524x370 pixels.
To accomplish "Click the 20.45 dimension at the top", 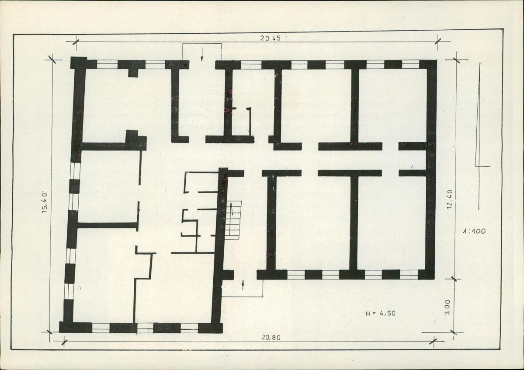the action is pyautogui.click(x=271, y=38).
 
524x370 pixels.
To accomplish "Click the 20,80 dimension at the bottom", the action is pyautogui.click(x=271, y=338).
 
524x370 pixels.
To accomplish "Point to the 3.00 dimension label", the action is pyautogui.click(x=448, y=307).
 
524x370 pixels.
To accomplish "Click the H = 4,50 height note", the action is pyautogui.click(x=381, y=314).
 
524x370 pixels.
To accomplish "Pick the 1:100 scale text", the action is pyautogui.click(x=474, y=231).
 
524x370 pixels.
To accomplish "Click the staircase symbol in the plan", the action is pyautogui.click(x=233, y=220).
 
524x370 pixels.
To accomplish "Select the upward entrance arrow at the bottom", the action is pyautogui.click(x=243, y=285).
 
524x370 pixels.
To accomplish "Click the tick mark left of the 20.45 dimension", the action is pyautogui.click(x=76, y=42).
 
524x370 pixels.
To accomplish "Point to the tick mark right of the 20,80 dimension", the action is pyautogui.click(x=433, y=342).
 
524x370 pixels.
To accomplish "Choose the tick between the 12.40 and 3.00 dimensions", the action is pyautogui.click(x=454, y=278).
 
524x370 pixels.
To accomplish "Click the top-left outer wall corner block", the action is pyautogui.click(x=79, y=63).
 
